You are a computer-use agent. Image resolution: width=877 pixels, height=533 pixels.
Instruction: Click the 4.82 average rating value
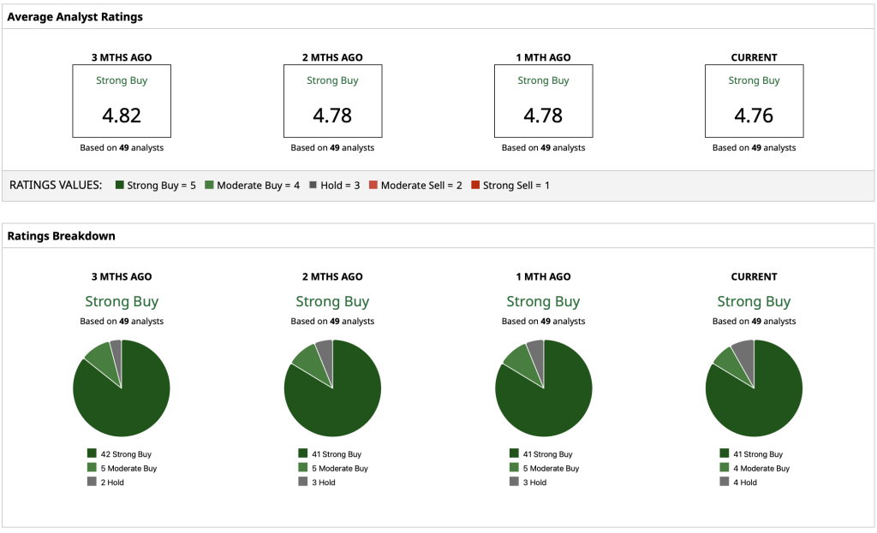(x=121, y=115)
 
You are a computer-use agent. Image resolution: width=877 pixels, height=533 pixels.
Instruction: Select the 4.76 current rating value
(x=754, y=115)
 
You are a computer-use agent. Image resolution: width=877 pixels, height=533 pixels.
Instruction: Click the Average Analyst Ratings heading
(x=75, y=16)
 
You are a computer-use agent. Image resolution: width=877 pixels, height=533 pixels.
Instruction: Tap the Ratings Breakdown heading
(x=61, y=236)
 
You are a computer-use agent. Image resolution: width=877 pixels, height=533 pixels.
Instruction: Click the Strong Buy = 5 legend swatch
(x=120, y=185)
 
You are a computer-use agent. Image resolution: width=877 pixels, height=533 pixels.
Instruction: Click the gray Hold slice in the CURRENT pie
(x=744, y=352)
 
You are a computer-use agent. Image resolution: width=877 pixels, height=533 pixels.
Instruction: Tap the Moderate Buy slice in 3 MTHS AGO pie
(x=98, y=357)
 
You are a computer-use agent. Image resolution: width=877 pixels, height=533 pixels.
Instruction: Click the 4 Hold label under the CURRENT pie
(x=745, y=483)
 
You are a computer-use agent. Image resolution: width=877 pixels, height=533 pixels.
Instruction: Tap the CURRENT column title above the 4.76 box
(x=754, y=57)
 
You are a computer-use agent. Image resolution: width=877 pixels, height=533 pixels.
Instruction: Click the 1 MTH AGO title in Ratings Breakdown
(x=543, y=276)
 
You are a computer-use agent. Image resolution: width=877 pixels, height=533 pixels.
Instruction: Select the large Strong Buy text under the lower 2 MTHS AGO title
(x=332, y=301)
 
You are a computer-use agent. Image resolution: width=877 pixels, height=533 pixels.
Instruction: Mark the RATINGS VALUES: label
(x=56, y=185)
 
